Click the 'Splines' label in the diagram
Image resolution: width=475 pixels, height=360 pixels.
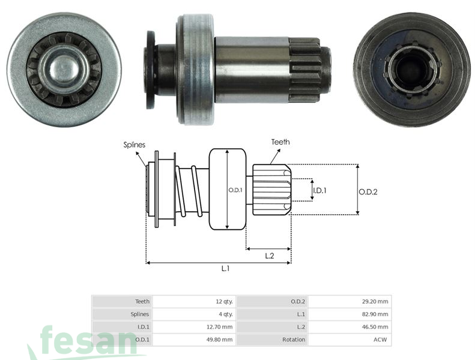pyautogui.click(x=135, y=145)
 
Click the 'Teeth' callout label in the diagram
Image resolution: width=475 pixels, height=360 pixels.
pyautogui.click(x=280, y=142)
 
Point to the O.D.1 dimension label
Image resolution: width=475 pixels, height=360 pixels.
pyautogui.click(x=235, y=190)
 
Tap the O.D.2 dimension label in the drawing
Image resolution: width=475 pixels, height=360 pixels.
pyautogui.click(x=368, y=191)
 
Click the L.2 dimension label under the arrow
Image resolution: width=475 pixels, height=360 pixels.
pyautogui.click(x=270, y=255)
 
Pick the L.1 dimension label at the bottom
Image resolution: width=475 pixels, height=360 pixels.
pyautogui.click(x=225, y=269)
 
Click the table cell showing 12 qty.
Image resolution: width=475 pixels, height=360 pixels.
pyautogui.click(x=223, y=301)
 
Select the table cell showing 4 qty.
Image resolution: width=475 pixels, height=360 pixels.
pyautogui.click(x=225, y=314)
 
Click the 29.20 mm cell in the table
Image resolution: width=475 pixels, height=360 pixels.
pyautogui.click(x=375, y=301)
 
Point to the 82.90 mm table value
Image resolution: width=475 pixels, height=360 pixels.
pyautogui.click(x=375, y=314)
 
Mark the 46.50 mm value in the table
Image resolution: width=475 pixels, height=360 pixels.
pyautogui.click(x=375, y=327)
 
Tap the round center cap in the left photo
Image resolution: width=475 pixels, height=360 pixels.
pyautogui.click(x=62, y=69)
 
